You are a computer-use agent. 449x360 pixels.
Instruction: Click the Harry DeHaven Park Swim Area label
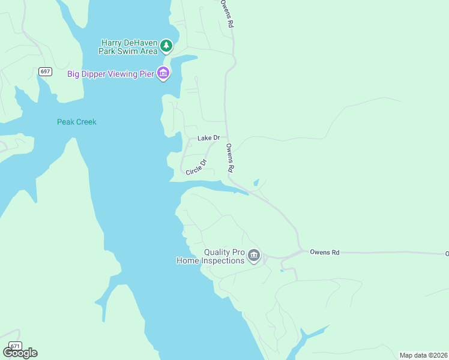coord(130,47)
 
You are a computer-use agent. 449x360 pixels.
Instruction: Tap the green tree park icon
coord(166,46)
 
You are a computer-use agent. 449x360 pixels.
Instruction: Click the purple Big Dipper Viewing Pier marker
coord(163,73)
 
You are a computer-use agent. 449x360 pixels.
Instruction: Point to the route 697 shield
coord(45,71)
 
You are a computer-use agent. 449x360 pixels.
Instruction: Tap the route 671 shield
coord(15,346)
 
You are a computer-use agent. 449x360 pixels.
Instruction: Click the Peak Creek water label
coord(76,122)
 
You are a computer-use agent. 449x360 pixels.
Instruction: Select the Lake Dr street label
coord(208,138)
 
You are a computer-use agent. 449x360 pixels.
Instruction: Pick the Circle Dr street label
coord(196,167)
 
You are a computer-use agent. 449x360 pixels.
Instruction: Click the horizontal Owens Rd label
coord(324,253)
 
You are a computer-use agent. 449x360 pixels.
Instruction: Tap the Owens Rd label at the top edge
coord(226,13)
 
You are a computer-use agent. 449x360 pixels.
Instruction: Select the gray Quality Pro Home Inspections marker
coord(254,256)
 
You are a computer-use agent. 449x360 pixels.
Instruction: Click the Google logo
coord(20,353)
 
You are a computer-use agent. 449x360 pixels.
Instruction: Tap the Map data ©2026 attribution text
coord(423,355)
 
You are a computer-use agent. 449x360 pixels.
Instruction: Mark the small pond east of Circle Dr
coord(256,182)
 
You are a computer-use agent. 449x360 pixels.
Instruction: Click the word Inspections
coord(223,260)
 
